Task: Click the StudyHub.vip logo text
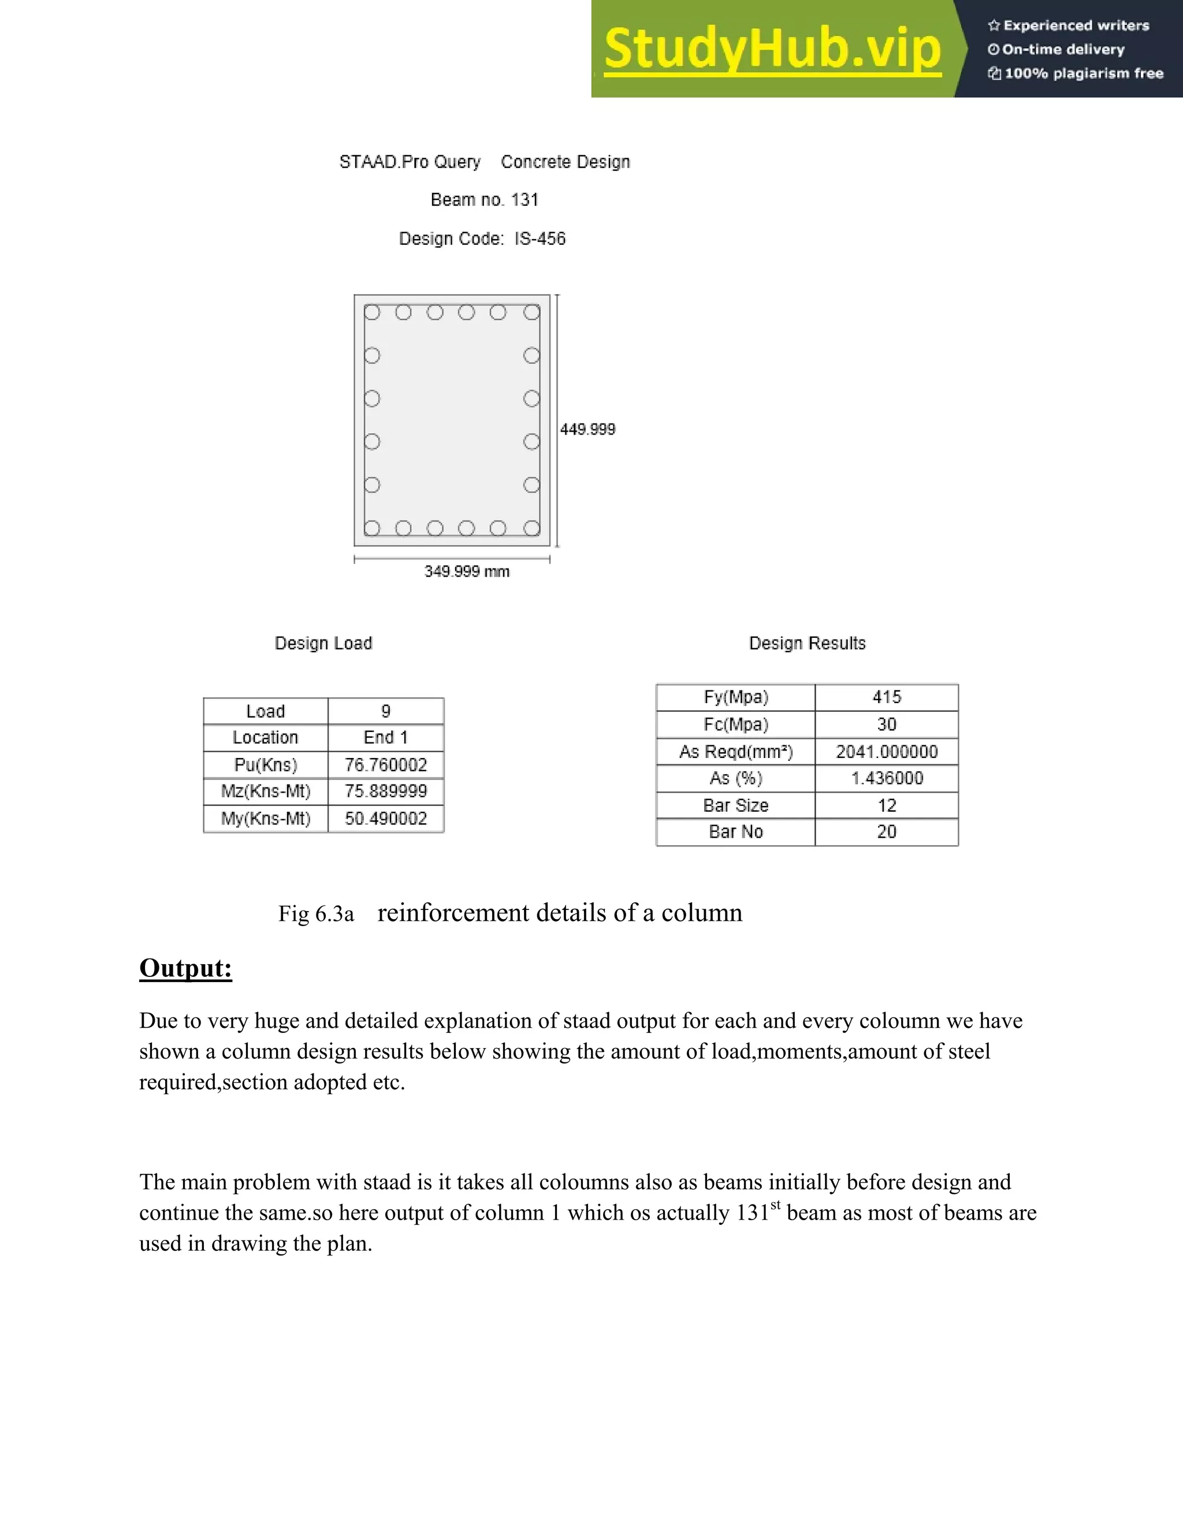pyautogui.click(x=772, y=49)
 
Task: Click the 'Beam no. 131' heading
pyautogui.click(x=484, y=200)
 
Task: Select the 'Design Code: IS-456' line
pyautogui.click(x=482, y=239)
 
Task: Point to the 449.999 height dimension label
pyautogui.click(x=587, y=429)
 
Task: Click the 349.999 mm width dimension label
pyautogui.click(x=467, y=571)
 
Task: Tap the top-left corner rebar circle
pyautogui.click(x=372, y=313)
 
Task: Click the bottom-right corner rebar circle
pyautogui.click(x=532, y=528)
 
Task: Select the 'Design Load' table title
pyautogui.click(x=323, y=644)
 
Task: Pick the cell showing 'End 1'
pyautogui.click(x=385, y=737)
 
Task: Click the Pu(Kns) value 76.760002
pyautogui.click(x=385, y=765)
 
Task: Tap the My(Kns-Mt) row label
pyautogui.click(x=266, y=819)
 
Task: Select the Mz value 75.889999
pyautogui.click(x=385, y=791)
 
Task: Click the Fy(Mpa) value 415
pyautogui.click(x=887, y=697)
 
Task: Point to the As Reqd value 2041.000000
pyautogui.click(x=887, y=752)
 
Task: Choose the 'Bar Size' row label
pyautogui.click(x=736, y=805)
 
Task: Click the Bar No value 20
pyautogui.click(x=887, y=832)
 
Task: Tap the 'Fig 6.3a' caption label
pyautogui.click(x=316, y=914)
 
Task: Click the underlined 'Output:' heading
pyautogui.click(x=186, y=968)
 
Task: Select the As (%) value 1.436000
pyautogui.click(x=887, y=778)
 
